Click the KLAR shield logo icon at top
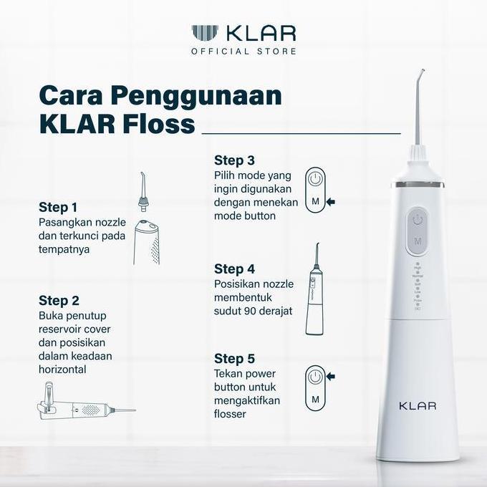point(205,33)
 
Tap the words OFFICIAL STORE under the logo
point(243,52)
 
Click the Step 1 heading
point(58,208)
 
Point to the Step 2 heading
point(59,301)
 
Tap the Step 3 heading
point(234,160)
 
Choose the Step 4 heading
point(234,269)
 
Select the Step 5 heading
point(234,358)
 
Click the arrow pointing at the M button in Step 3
point(331,202)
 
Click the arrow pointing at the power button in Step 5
point(331,377)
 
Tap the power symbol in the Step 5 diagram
point(315,377)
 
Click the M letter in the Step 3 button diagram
point(315,201)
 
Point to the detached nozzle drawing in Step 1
point(143,192)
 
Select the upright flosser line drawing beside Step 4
point(314,289)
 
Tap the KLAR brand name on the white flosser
point(418,405)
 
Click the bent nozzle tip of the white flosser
point(421,73)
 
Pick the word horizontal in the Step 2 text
point(62,370)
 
